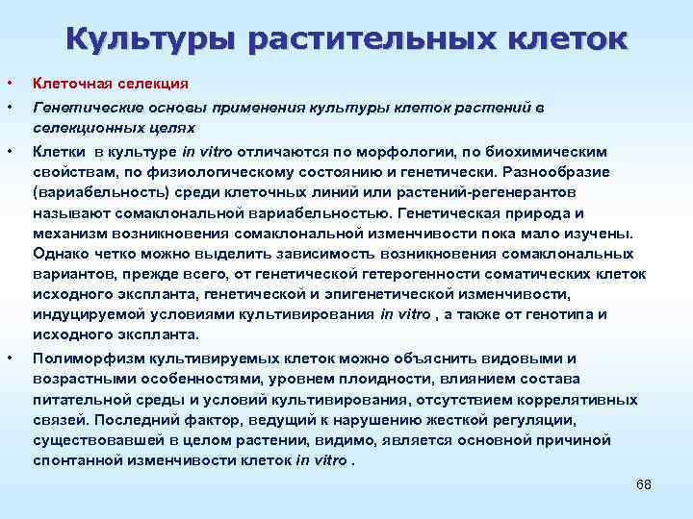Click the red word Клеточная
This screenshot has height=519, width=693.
click(69, 84)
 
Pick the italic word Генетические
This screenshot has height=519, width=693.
click(83, 108)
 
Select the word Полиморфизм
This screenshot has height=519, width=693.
click(82, 358)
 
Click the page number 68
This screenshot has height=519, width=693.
click(644, 483)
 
